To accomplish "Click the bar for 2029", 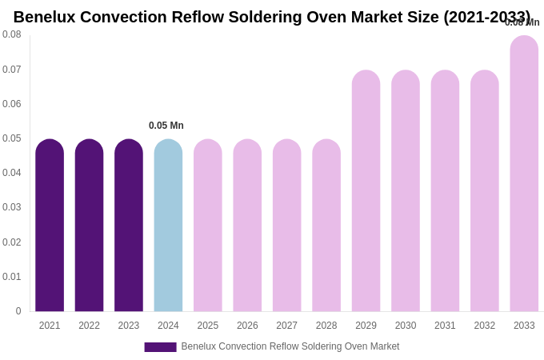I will (x=366, y=191).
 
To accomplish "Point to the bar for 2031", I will (x=445, y=191).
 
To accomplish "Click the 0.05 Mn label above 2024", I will (x=166, y=126).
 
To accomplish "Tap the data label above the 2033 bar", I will (x=522, y=22).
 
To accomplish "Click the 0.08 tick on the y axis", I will (x=12, y=34).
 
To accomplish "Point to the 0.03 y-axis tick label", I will (x=12, y=207).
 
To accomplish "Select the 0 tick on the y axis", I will (x=18, y=311).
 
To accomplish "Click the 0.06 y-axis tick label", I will (x=12, y=104).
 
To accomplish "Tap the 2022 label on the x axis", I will (x=89, y=326).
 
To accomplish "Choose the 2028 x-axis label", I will (x=326, y=326).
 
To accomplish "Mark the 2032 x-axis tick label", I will (x=485, y=326).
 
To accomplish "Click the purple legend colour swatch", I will (x=160, y=347).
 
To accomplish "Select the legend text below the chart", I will (x=290, y=346).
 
